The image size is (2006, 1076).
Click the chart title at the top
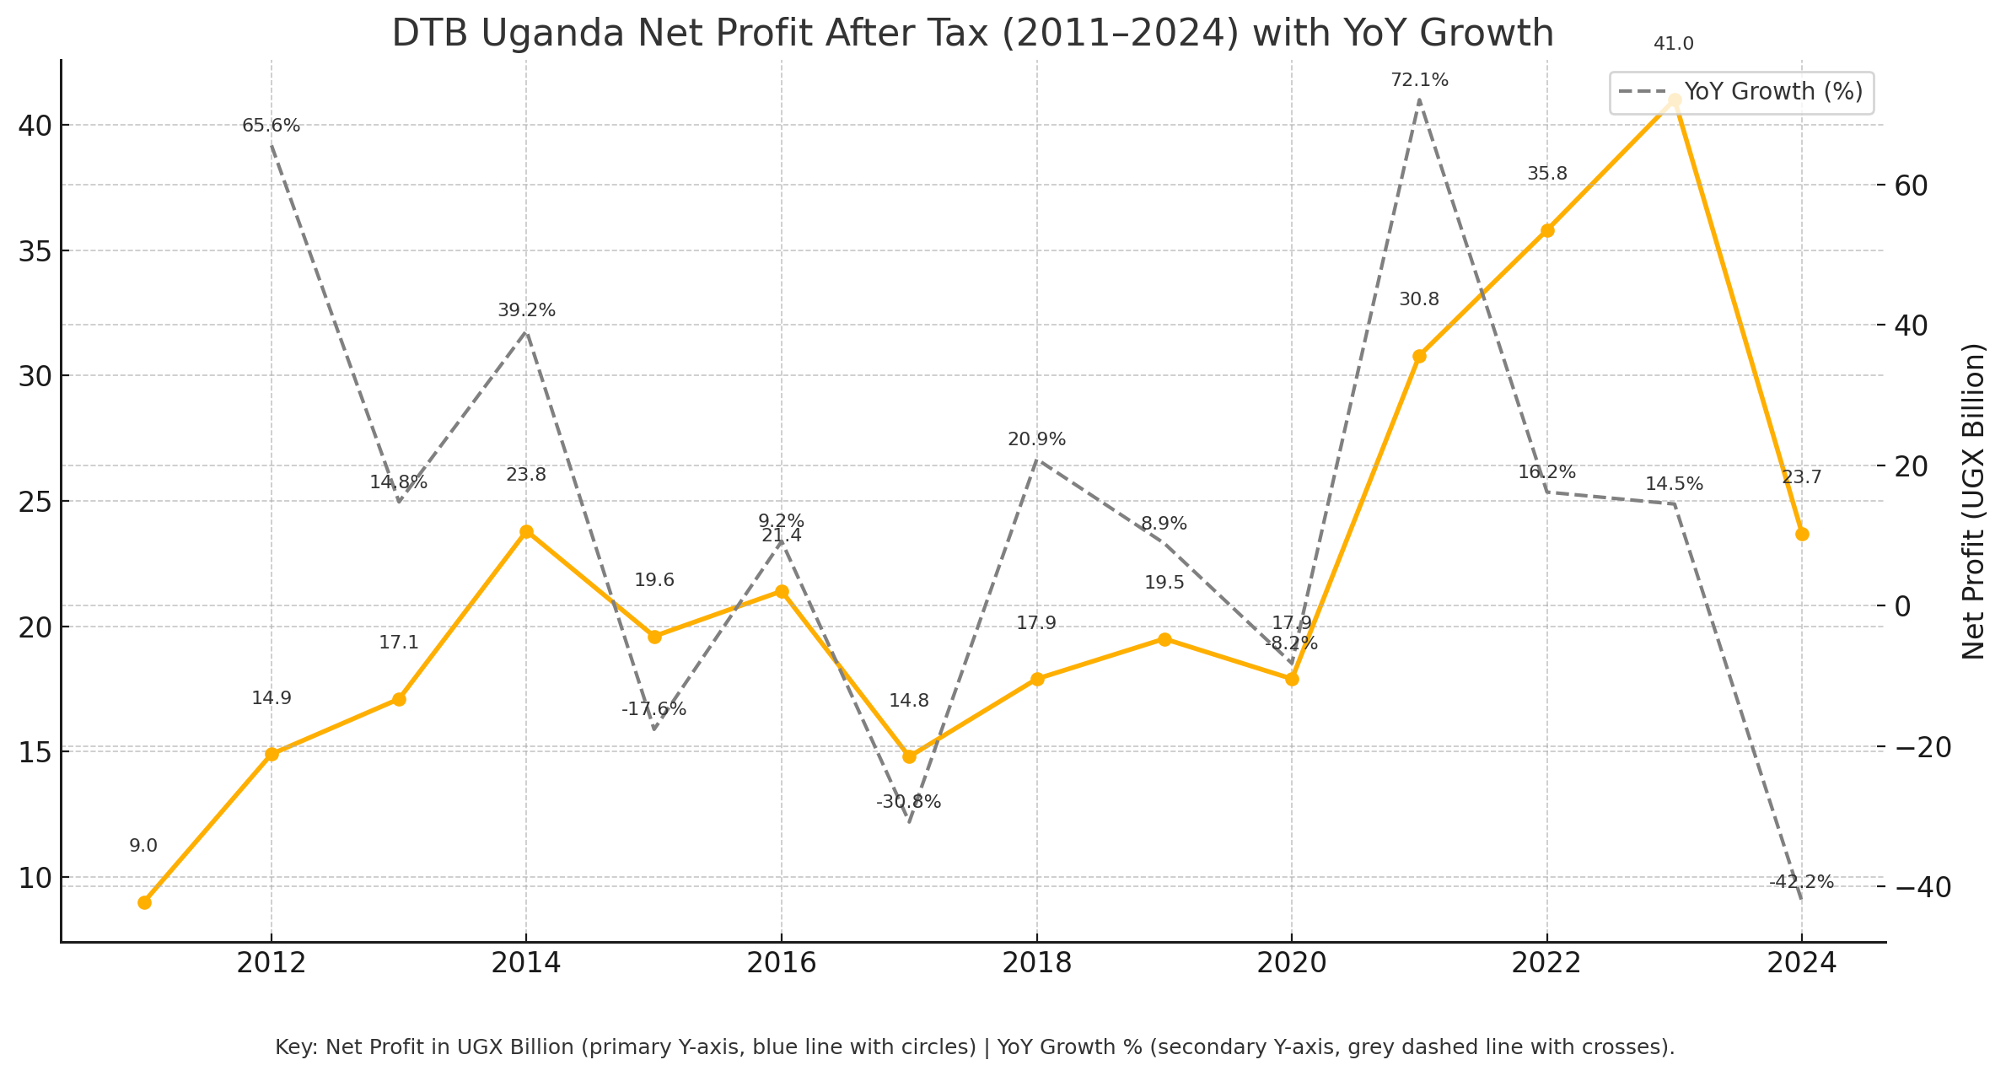pyautogui.click(x=972, y=34)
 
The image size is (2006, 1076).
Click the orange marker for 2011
pyautogui.click(x=144, y=902)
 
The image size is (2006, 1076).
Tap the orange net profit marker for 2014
pyautogui.click(x=526, y=531)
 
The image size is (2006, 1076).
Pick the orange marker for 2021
pyautogui.click(x=1419, y=356)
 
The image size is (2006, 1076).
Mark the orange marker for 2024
pyautogui.click(x=1802, y=534)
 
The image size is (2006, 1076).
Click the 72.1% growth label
pyautogui.click(x=1419, y=81)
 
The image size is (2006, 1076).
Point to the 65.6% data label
pyautogui.click(x=271, y=126)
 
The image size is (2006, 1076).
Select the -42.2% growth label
pyautogui.click(x=1801, y=883)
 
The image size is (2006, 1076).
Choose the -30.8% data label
pyautogui.click(x=908, y=803)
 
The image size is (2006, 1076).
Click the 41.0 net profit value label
pyautogui.click(x=1674, y=45)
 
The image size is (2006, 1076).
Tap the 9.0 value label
pyautogui.click(x=143, y=847)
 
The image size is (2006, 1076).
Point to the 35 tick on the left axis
pyautogui.click(x=34, y=250)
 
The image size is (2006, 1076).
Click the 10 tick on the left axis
pyautogui.click(x=34, y=878)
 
